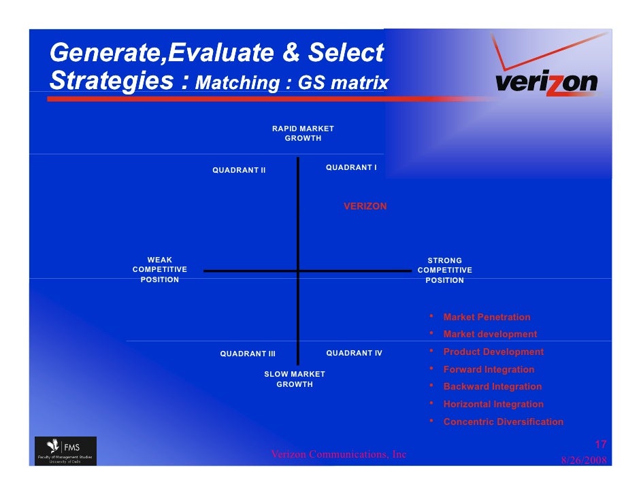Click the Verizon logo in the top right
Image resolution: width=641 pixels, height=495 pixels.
[546, 75]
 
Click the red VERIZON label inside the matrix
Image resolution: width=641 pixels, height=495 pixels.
[365, 206]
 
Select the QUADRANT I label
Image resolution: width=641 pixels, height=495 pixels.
[351, 167]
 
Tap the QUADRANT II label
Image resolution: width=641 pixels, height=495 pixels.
[239, 170]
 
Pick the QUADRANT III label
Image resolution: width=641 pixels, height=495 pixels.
[248, 354]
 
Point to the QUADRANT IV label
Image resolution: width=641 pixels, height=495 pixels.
[354, 353]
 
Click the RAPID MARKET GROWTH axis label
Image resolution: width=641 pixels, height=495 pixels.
[303, 133]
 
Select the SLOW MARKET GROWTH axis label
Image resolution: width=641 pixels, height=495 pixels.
[295, 379]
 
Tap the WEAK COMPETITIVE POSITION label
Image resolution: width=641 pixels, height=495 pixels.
[160, 270]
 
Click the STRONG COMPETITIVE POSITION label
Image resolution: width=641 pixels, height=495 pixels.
[444, 271]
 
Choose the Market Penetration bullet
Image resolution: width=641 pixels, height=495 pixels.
[487, 317]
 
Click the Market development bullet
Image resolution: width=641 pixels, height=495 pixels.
[490, 334]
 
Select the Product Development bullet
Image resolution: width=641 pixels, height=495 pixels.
[493, 352]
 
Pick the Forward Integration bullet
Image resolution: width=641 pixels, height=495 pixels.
[489, 369]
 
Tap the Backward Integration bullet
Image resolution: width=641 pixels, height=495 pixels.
[493, 386]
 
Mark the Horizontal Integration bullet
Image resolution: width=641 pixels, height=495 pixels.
[493, 404]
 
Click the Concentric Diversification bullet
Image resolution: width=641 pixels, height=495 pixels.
[503, 422]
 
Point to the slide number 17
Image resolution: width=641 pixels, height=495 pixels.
[600, 445]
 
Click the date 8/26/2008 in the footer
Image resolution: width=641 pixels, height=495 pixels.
[583, 460]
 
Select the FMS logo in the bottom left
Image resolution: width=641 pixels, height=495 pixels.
[65, 451]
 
